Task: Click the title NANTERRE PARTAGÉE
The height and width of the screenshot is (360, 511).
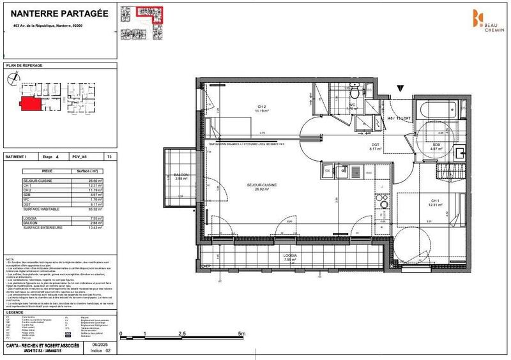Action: (x=55, y=13)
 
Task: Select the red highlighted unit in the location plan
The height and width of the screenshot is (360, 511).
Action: (x=29, y=102)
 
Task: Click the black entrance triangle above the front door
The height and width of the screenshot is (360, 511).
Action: (x=400, y=89)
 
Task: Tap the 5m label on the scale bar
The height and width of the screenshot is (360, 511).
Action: (x=241, y=334)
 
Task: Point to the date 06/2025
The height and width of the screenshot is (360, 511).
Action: (x=95, y=345)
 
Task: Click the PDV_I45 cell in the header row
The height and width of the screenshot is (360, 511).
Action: (x=80, y=156)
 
